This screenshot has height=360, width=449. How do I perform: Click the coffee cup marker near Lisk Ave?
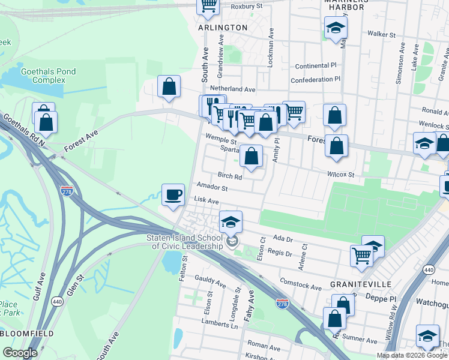pyautogui.click(x=173, y=195)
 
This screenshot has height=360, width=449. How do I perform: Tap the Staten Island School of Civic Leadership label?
pyautogui.click(x=184, y=241)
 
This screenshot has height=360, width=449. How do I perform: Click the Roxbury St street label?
pyautogui.click(x=247, y=6)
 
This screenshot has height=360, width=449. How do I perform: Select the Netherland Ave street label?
pyautogui.click(x=233, y=89)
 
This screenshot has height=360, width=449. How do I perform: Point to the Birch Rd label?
pyautogui.click(x=230, y=176)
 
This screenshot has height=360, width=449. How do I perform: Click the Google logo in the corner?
pyautogui.click(x=20, y=353)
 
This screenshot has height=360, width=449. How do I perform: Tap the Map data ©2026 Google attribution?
pyautogui.click(x=411, y=355)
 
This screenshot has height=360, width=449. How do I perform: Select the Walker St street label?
pyautogui.click(x=381, y=35)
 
